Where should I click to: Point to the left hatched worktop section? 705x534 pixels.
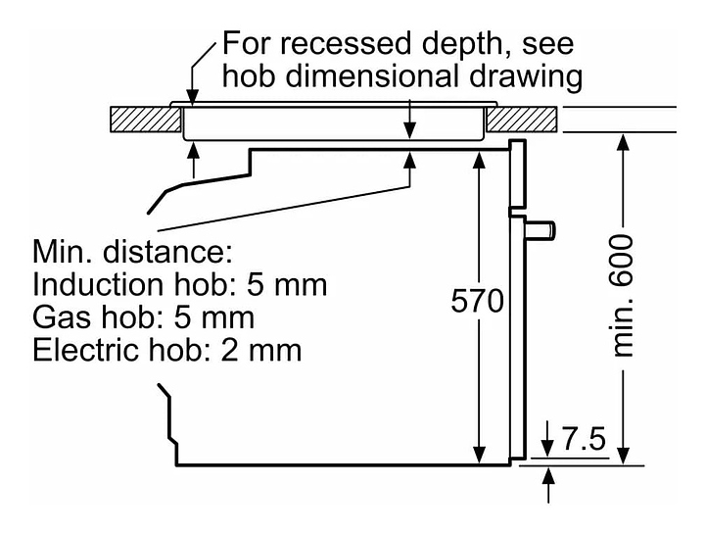[145, 120]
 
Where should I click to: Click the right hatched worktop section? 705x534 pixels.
[523, 120]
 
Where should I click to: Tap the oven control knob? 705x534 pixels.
[541, 229]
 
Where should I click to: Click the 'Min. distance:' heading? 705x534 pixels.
[133, 254]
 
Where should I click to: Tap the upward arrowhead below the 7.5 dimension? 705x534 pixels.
[548, 476]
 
